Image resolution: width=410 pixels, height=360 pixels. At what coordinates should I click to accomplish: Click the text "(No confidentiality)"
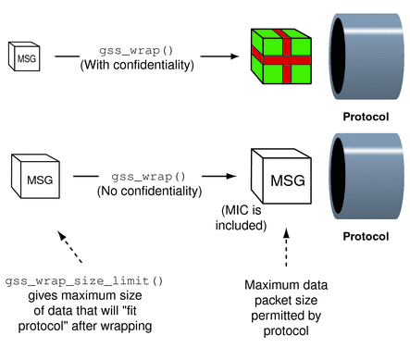point(147,191)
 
